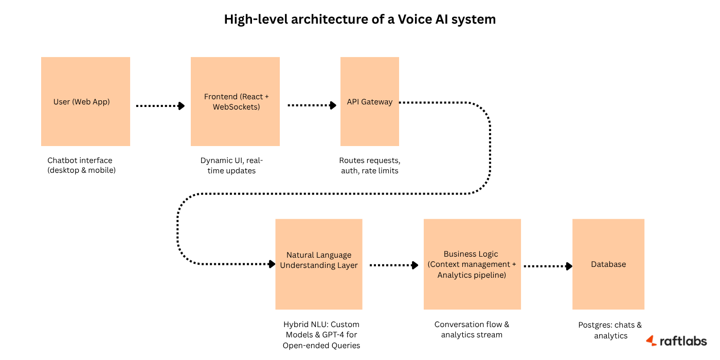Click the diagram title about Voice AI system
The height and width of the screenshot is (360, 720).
(360, 20)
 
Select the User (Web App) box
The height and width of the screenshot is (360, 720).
(85, 101)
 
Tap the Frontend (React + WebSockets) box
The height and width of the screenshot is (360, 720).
(235, 101)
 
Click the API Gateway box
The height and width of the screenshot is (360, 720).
(369, 101)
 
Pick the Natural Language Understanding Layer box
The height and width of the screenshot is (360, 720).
(318, 264)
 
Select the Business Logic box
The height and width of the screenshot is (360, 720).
(472, 264)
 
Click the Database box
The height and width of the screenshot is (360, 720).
(608, 264)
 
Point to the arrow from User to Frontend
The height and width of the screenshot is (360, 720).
(160, 106)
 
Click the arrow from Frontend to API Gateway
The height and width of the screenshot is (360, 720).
(311, 106)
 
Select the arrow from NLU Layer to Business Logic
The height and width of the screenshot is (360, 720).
(393, 265)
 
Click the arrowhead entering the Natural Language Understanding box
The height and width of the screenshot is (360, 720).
(272, 264)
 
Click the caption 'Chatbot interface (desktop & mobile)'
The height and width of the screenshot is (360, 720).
(81, 165)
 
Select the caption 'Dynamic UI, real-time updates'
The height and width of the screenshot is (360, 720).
(231, 165)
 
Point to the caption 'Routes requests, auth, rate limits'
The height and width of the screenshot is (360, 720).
(369, 165)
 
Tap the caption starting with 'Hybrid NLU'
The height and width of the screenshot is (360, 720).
(321, 335)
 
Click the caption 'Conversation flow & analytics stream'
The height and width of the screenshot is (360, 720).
(472, 330)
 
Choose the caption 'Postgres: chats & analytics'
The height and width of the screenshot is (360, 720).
(610, 330)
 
